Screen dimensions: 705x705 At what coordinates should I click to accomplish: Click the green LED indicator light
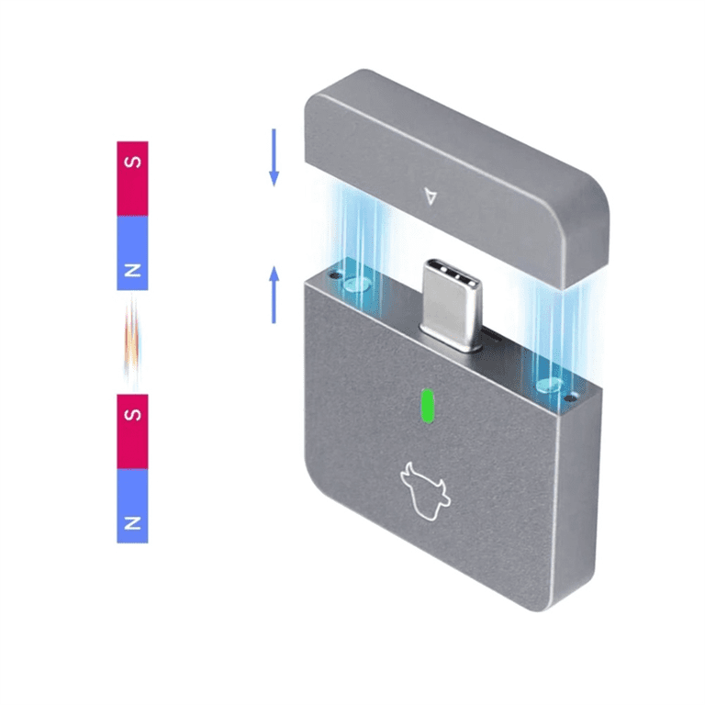click(427, 406)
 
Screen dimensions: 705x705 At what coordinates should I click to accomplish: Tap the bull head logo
click(425, 491)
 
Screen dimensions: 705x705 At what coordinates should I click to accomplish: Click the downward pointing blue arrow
click(274, 157)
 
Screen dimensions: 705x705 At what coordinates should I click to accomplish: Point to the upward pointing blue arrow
click(274, 295)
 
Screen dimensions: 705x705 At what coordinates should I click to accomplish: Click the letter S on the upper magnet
click(132, 162)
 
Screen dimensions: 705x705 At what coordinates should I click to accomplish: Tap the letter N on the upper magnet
click(132, 270)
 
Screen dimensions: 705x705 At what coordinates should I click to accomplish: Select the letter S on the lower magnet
click(132, 415)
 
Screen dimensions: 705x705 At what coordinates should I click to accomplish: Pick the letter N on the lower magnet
click(132, 523)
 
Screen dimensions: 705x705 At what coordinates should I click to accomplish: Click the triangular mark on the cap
click(431, 196)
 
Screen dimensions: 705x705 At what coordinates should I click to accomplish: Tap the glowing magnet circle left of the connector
click(357, 285)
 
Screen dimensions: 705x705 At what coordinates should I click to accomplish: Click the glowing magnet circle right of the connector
click(550, 386)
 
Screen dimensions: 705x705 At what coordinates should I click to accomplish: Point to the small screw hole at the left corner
click(334, 275)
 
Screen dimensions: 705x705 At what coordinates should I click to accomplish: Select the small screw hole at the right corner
click(570, 398)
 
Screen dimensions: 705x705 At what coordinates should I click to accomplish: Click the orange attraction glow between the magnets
click(132, 341)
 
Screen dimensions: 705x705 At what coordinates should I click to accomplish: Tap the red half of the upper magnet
click(132, 179)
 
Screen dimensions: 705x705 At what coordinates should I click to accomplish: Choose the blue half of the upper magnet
click(132, 253)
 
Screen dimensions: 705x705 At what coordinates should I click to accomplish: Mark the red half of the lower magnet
click(132, 431)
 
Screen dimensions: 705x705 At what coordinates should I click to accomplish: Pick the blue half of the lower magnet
click(132, 506)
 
